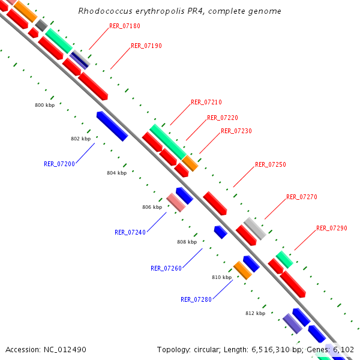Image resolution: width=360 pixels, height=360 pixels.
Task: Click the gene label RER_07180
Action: tap(125, 26)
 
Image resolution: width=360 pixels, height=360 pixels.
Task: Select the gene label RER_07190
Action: tap(146, 46)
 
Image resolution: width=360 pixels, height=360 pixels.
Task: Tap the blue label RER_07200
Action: tap(59, 163)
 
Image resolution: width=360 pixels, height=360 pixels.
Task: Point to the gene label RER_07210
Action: tap(206, 102)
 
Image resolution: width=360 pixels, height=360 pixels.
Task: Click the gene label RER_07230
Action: tap(236, 131)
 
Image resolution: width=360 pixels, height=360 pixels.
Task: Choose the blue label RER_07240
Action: tap(130, 232)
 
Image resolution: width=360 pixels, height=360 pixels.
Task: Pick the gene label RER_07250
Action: tap(271, 164)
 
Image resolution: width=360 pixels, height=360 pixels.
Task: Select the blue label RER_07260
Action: tap(166, 268)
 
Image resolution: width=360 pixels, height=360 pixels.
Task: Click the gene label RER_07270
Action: tap(302, 197)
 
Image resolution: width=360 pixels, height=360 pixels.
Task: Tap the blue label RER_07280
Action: tap(196, 299)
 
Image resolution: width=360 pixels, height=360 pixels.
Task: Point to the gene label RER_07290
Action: tap(332, 228)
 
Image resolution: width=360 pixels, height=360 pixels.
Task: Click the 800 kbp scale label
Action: tap(45, 105)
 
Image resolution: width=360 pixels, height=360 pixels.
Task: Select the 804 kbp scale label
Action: tap(116, 173)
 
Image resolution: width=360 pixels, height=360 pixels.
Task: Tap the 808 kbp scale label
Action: tap(187, 242)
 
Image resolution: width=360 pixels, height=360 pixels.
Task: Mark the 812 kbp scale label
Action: tap(255, 313)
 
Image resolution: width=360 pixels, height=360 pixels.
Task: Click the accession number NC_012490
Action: tap(46, 349)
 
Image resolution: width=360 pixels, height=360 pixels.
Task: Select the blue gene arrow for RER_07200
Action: tap(112, 126)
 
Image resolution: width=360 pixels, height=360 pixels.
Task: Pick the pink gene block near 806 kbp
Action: tap(176, 203)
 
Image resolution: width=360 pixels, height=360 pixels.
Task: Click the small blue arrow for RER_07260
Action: tap(220, 232)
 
